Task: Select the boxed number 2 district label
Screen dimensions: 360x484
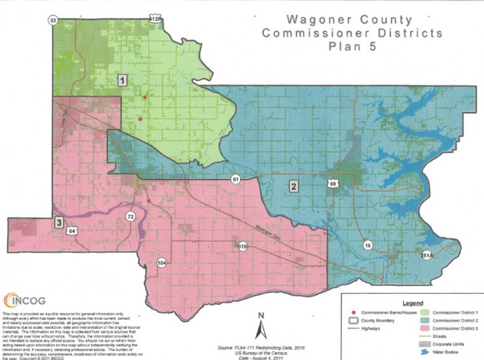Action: (x=294, y=186)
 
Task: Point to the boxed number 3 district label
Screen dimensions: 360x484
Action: (x=59, y=222)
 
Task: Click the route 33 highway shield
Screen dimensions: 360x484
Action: (x=53, y=20)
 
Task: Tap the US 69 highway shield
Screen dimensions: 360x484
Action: (x=333, y=184)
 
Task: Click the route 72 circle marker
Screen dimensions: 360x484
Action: (x=131, y=217)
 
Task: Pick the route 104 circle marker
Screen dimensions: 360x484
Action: (x=162, y=263)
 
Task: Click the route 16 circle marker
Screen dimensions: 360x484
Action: (x=367, y=245)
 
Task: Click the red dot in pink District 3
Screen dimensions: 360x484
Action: (x=149, y=201)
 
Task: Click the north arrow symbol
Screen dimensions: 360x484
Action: (x=260, y=327)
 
